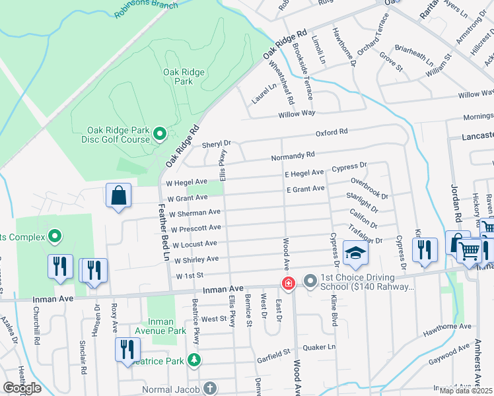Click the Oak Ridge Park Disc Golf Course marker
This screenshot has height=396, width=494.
point(159,135)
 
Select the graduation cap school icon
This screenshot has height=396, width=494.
point(355,254)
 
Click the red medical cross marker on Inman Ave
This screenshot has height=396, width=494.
point(288,284)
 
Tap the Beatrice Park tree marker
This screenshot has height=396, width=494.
point(194,360)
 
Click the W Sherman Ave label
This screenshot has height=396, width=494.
point(194,213)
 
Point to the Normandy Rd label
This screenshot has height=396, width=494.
point(292,156)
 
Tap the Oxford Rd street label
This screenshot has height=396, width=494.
point(331,133)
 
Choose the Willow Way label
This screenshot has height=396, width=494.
point(274,114)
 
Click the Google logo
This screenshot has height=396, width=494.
point(22,388)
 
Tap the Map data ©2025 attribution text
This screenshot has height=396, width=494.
point(466,391)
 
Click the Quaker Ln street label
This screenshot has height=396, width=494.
point(322,346)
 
